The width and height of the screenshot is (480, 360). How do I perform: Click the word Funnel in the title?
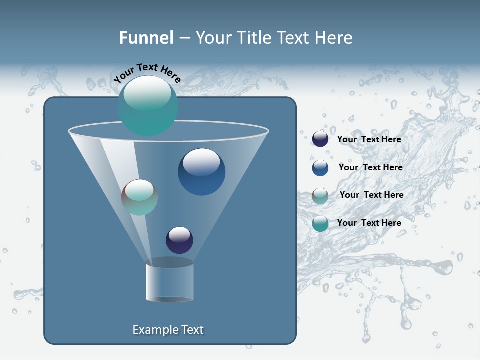click(146, 38)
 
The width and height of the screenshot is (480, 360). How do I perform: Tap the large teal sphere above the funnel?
click(147, 105)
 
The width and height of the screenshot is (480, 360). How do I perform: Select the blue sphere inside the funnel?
click(201, 172)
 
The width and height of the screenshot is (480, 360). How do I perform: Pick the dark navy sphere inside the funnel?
click(179, 240)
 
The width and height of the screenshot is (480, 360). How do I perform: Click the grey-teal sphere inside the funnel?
click(139, 197)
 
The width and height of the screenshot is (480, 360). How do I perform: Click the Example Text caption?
click(168, 330)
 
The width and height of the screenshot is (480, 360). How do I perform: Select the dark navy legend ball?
click(320, 139)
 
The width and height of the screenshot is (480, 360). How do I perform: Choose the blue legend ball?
click(320, 168)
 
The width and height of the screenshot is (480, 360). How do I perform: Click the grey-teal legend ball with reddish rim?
click(320, 195)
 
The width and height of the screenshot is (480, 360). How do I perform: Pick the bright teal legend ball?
click(320, 223)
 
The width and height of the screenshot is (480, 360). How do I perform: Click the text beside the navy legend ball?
click(369, 140)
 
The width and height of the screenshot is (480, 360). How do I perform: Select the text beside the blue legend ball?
click(370, 168)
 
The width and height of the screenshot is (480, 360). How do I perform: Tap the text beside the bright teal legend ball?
click(369, 223)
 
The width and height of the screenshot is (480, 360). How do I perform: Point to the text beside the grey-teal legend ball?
click(371, 195)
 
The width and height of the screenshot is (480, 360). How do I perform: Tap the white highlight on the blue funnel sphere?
click(201, 161)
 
